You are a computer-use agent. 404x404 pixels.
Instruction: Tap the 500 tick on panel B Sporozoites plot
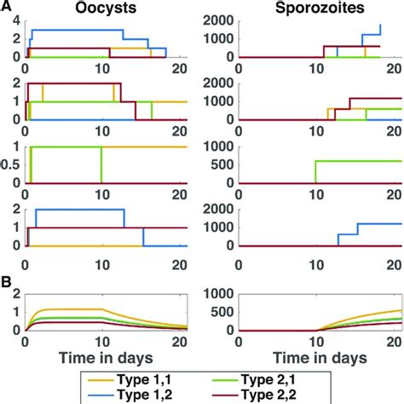(223, 312)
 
